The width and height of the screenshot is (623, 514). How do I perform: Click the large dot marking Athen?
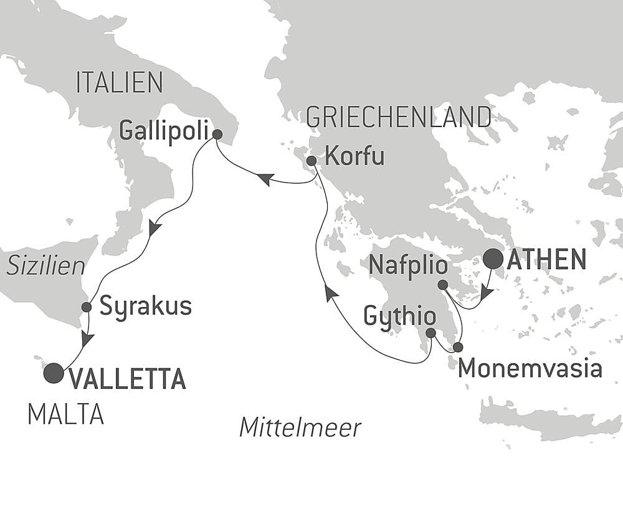tap(494, 259)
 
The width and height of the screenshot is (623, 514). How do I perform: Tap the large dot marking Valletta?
tap(54, 373)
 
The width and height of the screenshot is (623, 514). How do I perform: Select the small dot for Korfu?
tap(311, 161)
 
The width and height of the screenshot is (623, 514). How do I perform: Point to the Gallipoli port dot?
tap(217, 133)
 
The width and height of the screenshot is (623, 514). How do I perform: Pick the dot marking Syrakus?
tap(87, 307)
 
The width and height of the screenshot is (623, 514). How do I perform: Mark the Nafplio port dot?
tap(442, 285)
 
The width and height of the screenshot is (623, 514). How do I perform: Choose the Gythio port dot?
tap(430, 333)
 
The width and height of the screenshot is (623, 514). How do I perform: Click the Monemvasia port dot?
tap(459, 346)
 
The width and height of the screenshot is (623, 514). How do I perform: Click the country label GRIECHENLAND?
tap(399, 117)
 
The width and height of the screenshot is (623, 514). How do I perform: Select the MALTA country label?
tap(65, 415)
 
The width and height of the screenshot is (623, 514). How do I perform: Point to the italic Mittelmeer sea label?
tap(300, 428)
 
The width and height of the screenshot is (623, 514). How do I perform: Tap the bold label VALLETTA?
tap(127, 379)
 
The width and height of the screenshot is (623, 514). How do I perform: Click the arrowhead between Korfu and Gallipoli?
tap(264, 179)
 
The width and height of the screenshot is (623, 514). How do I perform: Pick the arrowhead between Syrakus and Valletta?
tap(87, 340)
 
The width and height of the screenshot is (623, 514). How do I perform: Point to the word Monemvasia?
tap(530, 369)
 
